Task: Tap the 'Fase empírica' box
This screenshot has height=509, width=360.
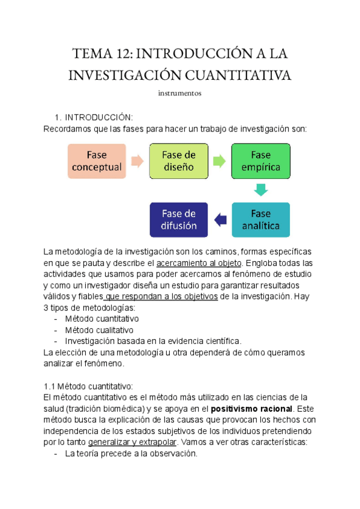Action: (260, 161)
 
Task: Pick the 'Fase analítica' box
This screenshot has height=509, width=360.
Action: (260, 220)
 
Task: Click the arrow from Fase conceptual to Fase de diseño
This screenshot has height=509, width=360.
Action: (137, 161)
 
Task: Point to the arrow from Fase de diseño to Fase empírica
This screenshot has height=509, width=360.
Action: (219, 161)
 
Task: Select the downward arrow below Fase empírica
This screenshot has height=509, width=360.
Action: (260, 190)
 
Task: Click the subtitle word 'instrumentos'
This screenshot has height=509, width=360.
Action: (179, 94)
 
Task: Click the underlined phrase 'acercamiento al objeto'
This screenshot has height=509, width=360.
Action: (198, 263)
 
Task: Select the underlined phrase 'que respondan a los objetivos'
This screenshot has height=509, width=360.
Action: (161, 296)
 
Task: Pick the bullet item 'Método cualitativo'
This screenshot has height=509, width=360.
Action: (99, 330)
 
